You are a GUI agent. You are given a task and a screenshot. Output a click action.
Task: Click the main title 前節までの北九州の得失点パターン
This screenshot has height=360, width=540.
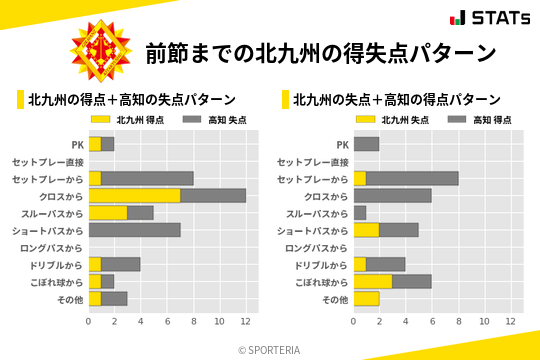pyautogui.click(x=320, y=53)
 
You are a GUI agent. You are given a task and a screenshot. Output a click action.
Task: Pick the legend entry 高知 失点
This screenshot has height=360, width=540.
pyautogui.click(x=212, y=120)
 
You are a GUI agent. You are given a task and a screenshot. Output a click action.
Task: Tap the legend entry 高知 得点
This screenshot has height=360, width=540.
pyautogui.click(x=476, y=120)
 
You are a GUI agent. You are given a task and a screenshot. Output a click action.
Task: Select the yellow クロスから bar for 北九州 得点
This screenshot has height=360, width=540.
pyautogui.click(x=135, y=195)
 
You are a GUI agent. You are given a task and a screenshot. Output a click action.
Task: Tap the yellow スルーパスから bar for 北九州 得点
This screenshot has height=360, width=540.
pyautogui.click(x=108, y=213)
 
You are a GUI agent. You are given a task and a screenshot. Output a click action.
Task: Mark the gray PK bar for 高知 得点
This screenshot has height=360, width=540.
pyautogui.click(x=366, y=144)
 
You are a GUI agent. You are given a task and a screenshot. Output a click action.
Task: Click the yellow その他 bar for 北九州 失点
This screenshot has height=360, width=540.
pyautogui.click(x=366, y=299)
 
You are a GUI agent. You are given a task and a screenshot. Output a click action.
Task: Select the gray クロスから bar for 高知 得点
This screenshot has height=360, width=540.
pyautogui.click(x=392, y=195)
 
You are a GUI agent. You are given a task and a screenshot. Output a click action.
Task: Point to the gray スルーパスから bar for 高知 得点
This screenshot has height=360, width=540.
pyautogui.click(x=359, y=213)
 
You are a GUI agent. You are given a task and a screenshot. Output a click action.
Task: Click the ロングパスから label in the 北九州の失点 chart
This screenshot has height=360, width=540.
pyautogui.click(x=317, y=247)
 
